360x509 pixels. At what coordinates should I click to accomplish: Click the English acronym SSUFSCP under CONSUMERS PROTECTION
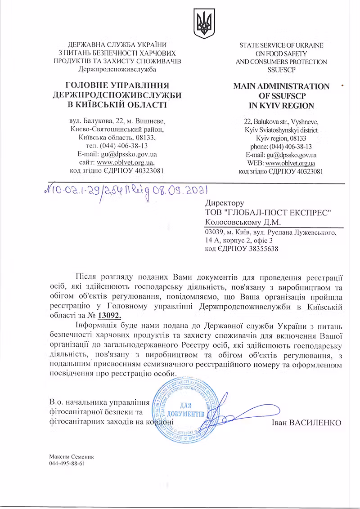(x=281, y=70)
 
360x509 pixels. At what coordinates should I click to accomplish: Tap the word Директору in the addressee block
(x=224, y=203)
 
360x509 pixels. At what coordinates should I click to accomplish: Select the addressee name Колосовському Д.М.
(x=243, y=222)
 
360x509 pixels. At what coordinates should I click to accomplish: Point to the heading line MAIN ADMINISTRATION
(x=281, y=86)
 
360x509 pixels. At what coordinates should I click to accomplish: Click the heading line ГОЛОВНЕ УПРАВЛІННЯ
(x=117, y=85)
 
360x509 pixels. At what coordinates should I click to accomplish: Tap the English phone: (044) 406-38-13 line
(x=281, y=147)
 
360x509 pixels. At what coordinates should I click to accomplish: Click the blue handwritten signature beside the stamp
(x=238, y=414)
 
